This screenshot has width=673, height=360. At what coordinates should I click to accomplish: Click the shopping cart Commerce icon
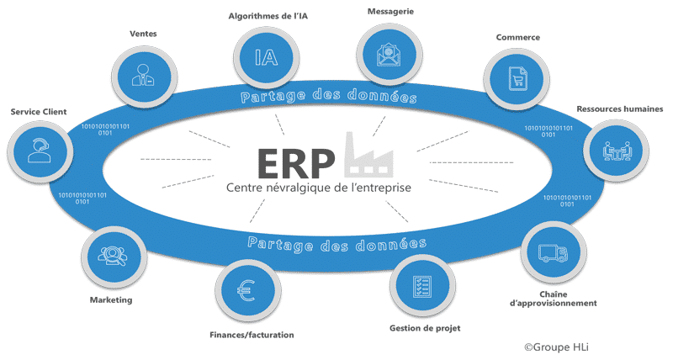519,79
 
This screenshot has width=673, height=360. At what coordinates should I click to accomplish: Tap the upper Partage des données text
328,98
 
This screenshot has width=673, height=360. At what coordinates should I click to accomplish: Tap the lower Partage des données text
332,244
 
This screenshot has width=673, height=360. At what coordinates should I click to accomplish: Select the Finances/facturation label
252,336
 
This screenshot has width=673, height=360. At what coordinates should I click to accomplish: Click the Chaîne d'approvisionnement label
552,297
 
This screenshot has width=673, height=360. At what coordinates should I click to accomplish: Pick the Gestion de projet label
425,328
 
